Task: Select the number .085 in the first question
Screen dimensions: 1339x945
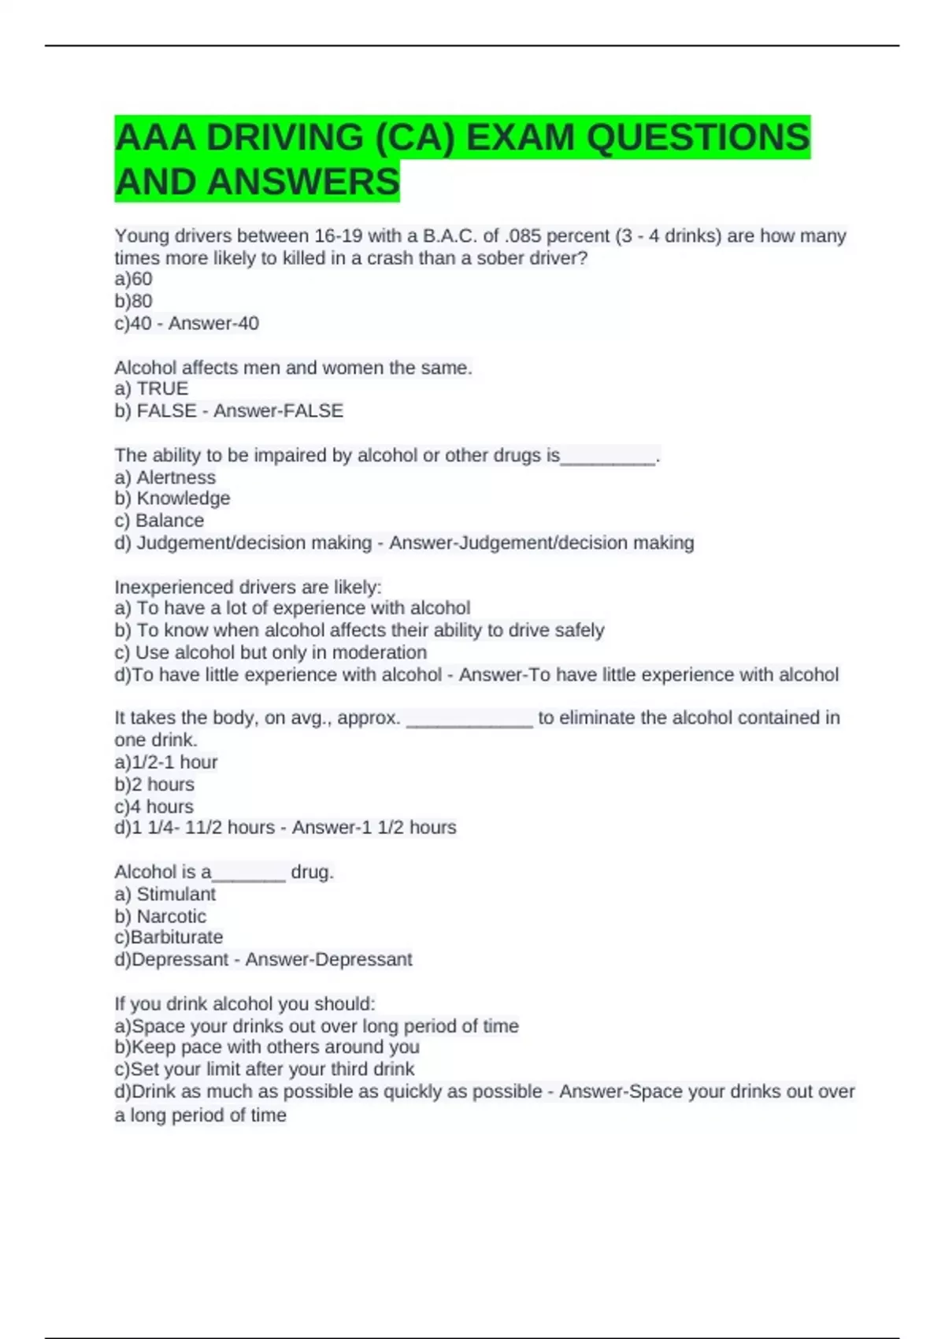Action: tap(522, 236)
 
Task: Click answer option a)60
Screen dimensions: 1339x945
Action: tap(133, 279)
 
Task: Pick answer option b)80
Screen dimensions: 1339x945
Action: tap(133, 301)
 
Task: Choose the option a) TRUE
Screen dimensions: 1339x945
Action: tap(151, 388)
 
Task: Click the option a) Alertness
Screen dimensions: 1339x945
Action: tap(165, 477)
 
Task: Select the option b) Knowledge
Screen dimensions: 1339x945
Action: tap(172, 498)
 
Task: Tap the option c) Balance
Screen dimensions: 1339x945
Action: tap(159, 521)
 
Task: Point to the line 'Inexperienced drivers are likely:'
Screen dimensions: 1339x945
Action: tap(247, 587)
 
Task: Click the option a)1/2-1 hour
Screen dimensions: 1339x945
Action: tap(165, 762)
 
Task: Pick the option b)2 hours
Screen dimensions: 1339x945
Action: tap(154, 784)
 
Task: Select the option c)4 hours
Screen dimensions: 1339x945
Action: tap(154, 807)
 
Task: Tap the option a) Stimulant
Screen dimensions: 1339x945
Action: tap(165, 894)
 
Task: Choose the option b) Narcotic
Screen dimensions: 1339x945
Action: tap(160, 916)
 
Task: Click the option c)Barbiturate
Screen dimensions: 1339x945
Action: tap(169, 937)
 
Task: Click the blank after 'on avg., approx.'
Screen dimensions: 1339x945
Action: tap(469, 721)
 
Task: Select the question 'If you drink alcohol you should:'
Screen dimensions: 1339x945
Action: tap(244, 1003)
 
